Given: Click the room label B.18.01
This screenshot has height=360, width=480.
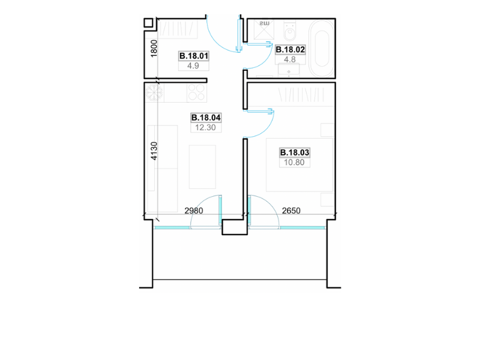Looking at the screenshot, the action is (194, 56).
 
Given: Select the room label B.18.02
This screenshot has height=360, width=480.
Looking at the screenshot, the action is (290, 50).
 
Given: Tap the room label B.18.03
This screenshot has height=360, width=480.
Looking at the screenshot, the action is (295, 152).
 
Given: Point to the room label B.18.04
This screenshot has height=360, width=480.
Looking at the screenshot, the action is (206, 118).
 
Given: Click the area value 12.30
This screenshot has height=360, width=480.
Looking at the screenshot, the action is (205, 128).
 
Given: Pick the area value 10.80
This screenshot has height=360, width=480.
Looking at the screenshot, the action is (294, 163).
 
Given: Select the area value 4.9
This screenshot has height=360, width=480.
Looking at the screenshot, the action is (193, 66).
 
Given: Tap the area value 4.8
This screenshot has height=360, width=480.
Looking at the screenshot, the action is (290, 59).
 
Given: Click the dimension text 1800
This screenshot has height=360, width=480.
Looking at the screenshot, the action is (154, 49).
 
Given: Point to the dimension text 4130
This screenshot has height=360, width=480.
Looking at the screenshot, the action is (154, 151).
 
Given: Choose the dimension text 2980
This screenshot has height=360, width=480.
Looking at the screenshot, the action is (194, 211).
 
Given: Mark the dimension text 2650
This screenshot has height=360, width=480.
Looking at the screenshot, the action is (291, 211).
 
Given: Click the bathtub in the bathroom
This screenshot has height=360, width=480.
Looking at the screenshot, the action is (321, 49).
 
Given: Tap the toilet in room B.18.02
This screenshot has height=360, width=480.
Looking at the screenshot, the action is (290, 31).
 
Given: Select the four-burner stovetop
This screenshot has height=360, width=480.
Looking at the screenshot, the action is (197, 92).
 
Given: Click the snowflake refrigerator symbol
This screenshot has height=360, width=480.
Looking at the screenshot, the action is (154, 92).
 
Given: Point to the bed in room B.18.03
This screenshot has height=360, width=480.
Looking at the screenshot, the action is (299, 165).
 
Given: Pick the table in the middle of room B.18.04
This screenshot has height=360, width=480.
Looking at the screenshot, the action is (202, 167).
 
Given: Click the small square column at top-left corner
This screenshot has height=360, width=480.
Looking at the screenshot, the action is (148, 23).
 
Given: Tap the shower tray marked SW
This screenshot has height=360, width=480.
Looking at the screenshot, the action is (264, 30).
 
